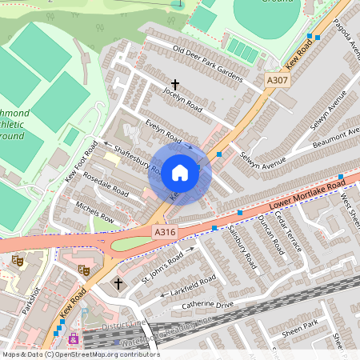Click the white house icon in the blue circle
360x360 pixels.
point(180,173)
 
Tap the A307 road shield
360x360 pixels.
point(277,81)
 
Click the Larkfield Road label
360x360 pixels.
point(192,285)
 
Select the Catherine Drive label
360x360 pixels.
point(209,303)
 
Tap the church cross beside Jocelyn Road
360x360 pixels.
point(175,84)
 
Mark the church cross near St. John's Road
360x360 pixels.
point(118,283)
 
